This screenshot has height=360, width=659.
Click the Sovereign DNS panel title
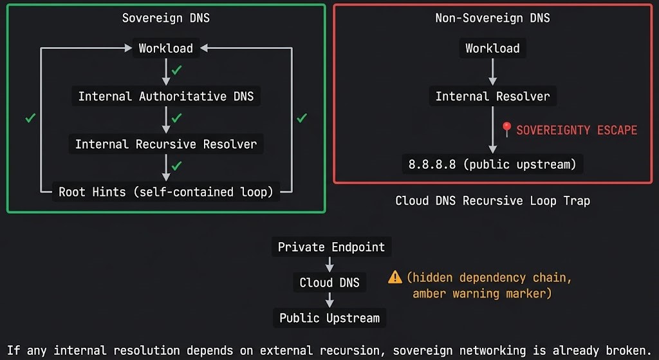click(x=165, y=18)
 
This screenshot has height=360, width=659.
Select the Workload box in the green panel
click(x=165, y=48)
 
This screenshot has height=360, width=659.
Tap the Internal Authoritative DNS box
click(x=165, y=97)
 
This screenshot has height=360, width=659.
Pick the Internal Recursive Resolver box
click(x=165, y=144)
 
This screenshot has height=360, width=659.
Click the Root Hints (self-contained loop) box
click(x=165, y=192)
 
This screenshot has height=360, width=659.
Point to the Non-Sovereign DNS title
click(x=492, y=18)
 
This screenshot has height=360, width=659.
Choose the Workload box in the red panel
click(x=492, y=48)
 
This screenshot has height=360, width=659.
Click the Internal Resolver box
click(x=492, y=97)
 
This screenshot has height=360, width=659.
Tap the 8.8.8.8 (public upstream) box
click(x=492, y=164)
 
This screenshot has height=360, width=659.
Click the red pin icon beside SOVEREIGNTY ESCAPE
click(x=506, y=129)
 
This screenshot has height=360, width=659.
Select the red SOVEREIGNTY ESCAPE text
click(x=577, y=130)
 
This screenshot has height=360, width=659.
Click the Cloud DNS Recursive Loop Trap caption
click(x=492, y=201)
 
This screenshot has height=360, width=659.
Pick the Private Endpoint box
click(x=331, y=247)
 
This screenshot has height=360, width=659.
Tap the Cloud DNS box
click(x=329, y=283)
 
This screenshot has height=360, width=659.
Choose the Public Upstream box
click(x=329, y=318)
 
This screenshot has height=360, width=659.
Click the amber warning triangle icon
click(x=395, y=278)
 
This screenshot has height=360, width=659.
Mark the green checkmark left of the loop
click(x=30, y=118)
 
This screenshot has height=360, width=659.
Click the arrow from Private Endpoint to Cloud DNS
click(x=329, y=264)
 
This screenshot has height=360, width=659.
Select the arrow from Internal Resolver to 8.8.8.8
click(x=492, y=130)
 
